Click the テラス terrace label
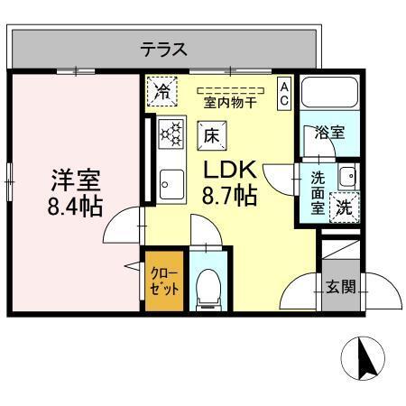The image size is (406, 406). click(x=163, y=50)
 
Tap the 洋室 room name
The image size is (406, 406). click(x=75, y=179)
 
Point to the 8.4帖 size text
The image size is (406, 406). click(x=75, y=204)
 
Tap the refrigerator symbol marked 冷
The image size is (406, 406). click(x=163, y=90)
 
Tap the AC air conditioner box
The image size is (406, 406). click(x=283, y=93)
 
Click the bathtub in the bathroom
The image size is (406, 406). click(x=330, y=96)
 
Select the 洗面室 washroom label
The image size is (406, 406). click(x=318, y=191)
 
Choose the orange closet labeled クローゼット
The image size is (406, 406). click(x=164, y=280)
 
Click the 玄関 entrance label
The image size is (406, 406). click(x=340, y=288)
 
